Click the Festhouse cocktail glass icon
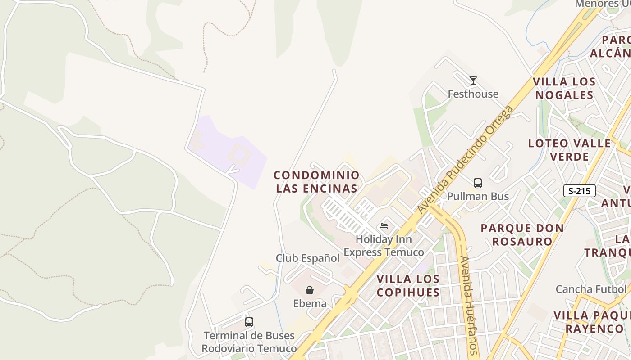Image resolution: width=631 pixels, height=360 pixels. [x=473, y=81]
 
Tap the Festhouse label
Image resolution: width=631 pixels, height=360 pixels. [x=473, y=94]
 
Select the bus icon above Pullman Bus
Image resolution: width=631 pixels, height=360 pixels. [x=478, y=183]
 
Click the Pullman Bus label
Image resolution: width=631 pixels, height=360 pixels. [x=478, y=196]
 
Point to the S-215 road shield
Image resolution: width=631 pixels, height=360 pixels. [x=579, y=191]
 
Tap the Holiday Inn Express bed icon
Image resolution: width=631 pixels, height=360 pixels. [x=384, y=225]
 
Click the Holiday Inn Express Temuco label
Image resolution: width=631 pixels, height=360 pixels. [x=384, y=246]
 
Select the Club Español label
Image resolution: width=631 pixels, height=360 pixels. [x=307, y=258]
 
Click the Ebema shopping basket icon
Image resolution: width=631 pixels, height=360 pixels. [x=310, y=290]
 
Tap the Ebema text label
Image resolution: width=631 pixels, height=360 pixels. [x=310, y=303]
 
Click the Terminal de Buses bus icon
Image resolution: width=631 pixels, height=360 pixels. [x=249, y=322]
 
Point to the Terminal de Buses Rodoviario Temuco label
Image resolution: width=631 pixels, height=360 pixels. [x=249, y=342]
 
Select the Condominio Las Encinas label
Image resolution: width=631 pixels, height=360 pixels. [x=316, y=182]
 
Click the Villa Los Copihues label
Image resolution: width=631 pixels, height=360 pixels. [x=408, y=286]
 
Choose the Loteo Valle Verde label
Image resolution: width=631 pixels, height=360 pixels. [x=570, y=150]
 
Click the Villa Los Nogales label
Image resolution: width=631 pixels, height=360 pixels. [x=564, y=89]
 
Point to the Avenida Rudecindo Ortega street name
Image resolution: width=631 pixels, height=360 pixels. [x=465, y=160]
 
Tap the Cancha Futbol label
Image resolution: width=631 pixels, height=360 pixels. [x=591, y=289]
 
